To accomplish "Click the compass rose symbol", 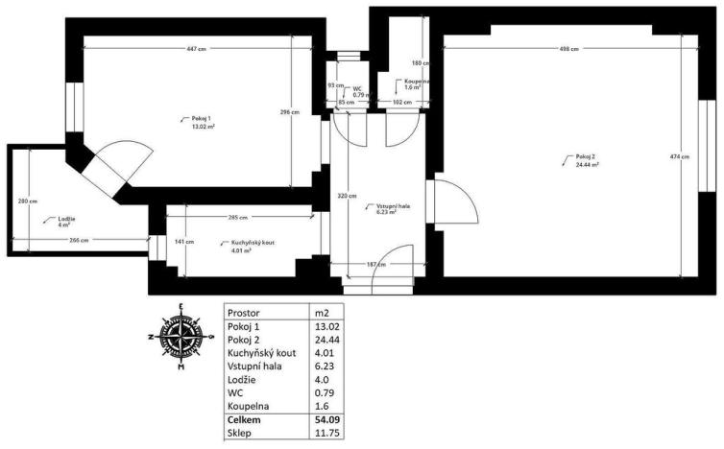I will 181,336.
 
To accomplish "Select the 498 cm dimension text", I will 568,49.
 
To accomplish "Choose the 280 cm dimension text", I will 28,201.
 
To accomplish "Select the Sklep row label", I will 240,433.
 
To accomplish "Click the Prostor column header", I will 246,311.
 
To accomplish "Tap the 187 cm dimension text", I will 375,264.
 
